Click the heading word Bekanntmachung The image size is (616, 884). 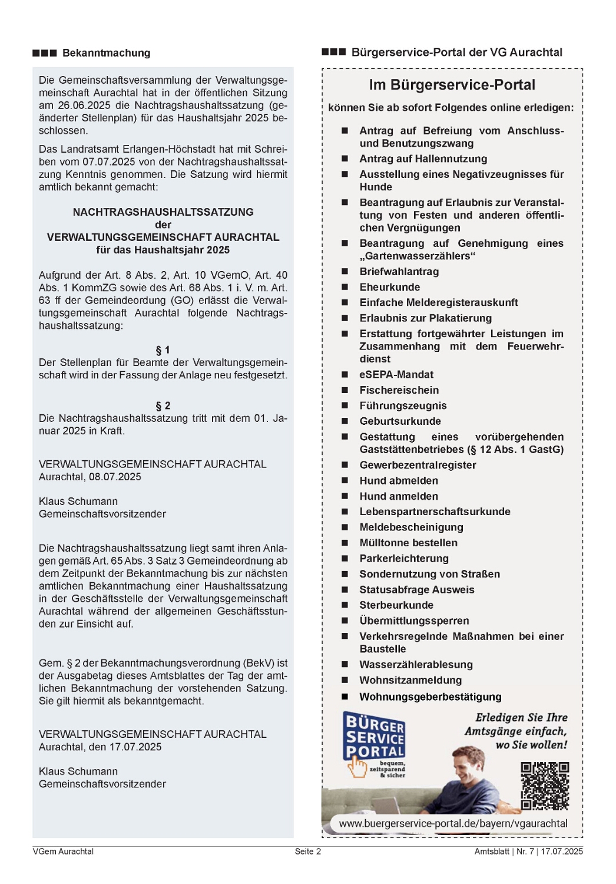[x=106, y=53]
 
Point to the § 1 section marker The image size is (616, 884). [x=163, y=350]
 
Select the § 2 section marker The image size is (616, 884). [x=163, y=406]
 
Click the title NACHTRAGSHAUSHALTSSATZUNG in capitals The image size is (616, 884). [x=163, y=212]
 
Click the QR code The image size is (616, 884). [x=545, y=786]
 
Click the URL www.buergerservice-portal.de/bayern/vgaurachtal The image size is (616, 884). [x=453, y=823]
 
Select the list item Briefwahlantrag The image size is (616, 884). [x=399, y=272]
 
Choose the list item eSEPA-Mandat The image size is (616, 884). [x=396, y=375]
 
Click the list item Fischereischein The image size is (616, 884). [x=399, y=390]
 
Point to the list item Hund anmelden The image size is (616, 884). [x=399, y=496]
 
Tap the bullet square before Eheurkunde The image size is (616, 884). [x=345, y=287]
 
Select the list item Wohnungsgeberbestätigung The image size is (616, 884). [x=430, y=697]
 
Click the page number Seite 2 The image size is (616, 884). [x=308, y=852]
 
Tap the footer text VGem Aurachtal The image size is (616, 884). [x=63, y=852]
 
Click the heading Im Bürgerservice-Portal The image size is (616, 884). [x=452, y=85]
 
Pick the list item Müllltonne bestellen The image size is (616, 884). [x=408, y=543]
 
